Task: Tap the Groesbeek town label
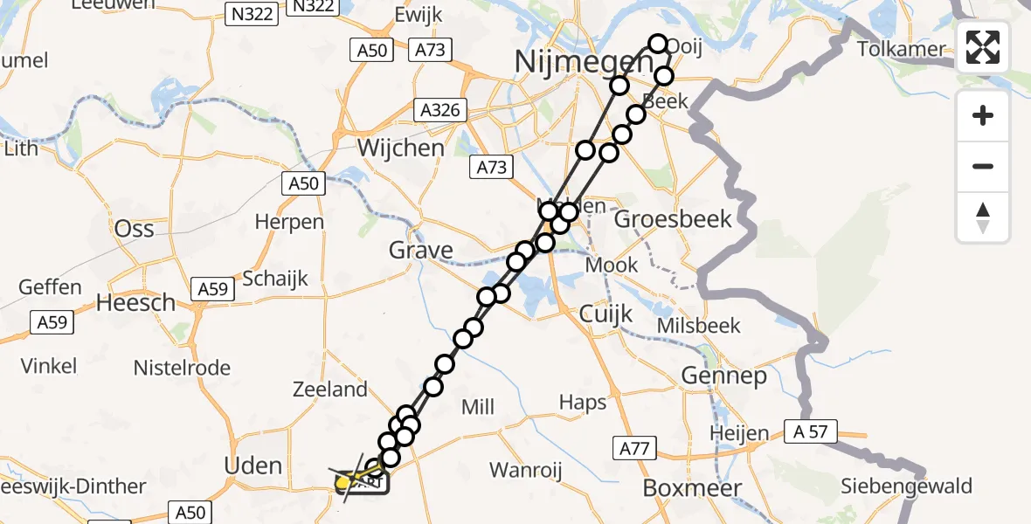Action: point(673,218)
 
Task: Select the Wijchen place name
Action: point(401,148)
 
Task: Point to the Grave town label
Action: point(422,251)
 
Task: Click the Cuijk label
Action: point(606,314)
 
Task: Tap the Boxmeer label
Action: point(692,488)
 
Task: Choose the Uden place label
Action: point(253,465)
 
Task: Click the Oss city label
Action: point(135,229)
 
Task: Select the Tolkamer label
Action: point(902,49)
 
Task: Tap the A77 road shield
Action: point(634,449)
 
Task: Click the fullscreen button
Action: point(983,47)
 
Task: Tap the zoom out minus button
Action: point(983,166)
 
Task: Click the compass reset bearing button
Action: point(983,217)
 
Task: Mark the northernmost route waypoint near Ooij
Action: point(657,44)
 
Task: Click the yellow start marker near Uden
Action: point(343,482)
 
